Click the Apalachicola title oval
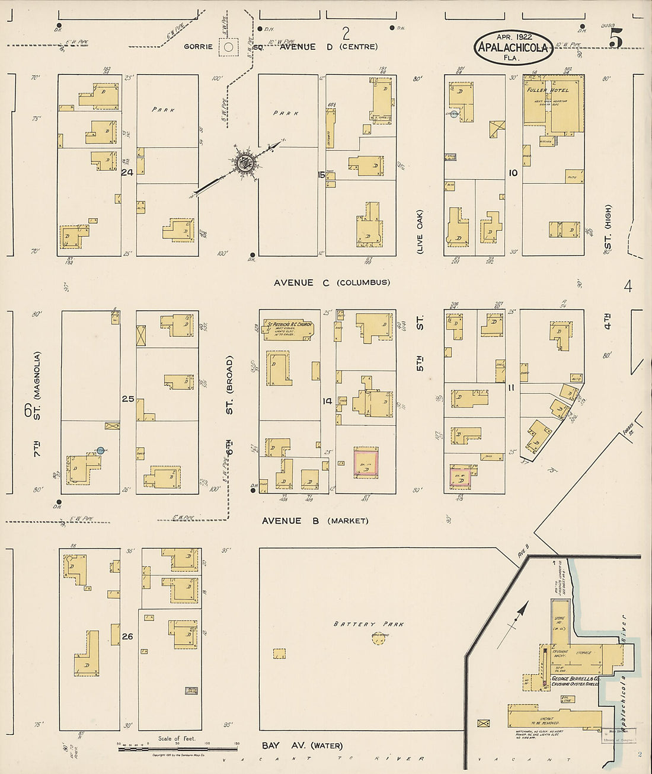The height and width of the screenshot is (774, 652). point(513,47)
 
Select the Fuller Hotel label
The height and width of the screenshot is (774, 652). point(548,90)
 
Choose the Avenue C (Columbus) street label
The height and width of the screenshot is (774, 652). point(332,283)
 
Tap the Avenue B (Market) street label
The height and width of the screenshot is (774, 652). point(315,521)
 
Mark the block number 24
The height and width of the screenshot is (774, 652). point(127,173)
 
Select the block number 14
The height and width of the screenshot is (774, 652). point(327,401)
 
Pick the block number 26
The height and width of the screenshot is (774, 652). point(127,637)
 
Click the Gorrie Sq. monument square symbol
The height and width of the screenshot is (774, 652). point(228,47)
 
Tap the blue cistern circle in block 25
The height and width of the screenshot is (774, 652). point(100,451)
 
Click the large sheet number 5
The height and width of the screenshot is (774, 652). point(615,39)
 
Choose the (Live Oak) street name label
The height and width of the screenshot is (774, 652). point(420,231)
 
